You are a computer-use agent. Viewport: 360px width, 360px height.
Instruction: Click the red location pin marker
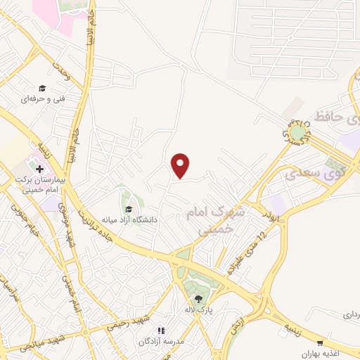pos(181,165)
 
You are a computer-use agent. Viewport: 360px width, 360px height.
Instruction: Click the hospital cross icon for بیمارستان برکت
pos(39,169)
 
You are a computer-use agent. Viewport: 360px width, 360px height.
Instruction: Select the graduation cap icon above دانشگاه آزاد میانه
pos(129,209)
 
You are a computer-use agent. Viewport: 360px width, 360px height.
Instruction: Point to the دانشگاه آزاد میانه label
pos(129,219)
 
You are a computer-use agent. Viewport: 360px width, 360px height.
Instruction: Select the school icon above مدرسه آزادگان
pos(161,330)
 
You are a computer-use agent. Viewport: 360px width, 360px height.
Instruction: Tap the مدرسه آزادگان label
pos(163,340)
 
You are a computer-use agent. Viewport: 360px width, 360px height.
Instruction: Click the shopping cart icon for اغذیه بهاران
pos(321,342)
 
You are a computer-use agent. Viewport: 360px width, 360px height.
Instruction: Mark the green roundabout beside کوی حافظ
pos(297,131)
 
